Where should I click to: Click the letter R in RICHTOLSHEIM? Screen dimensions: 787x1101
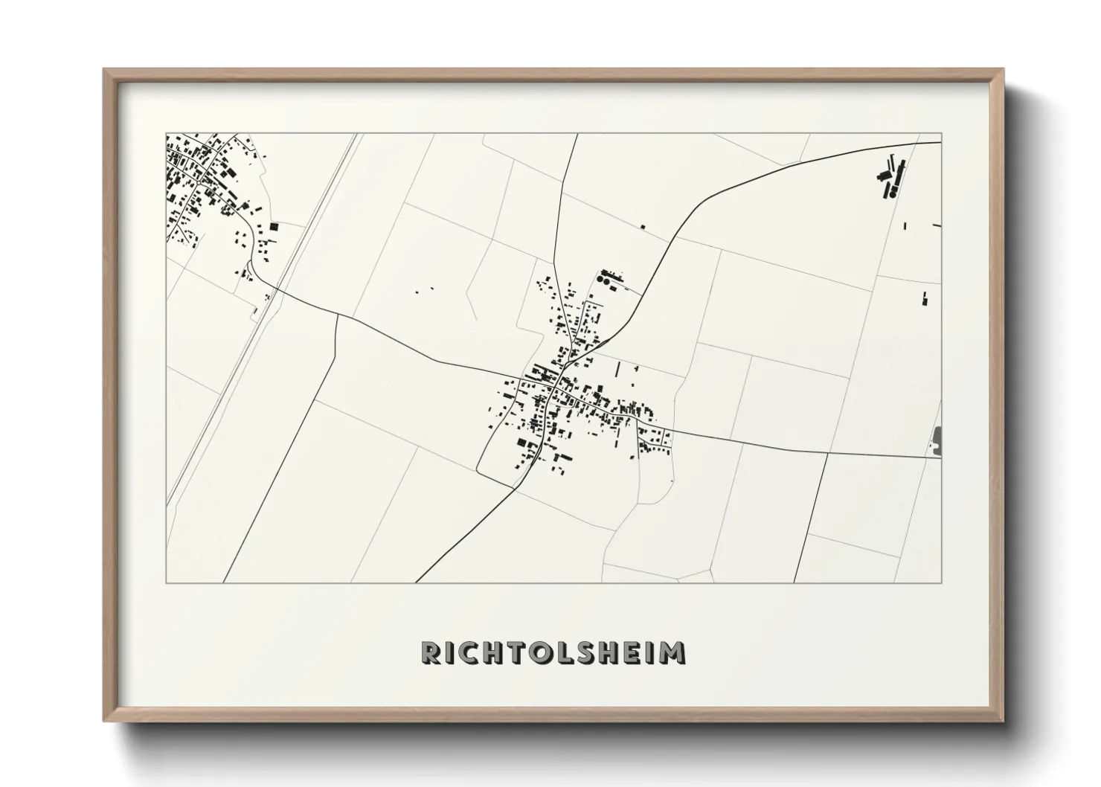[431, 652]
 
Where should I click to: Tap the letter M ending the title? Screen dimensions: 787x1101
[673, 652]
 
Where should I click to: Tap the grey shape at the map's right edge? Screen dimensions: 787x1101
[937, 440]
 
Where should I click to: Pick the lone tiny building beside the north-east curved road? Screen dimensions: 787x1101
[643, 227]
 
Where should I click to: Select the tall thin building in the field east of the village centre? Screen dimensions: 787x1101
[617, 370]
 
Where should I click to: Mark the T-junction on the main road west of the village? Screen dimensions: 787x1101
[338, 315]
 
